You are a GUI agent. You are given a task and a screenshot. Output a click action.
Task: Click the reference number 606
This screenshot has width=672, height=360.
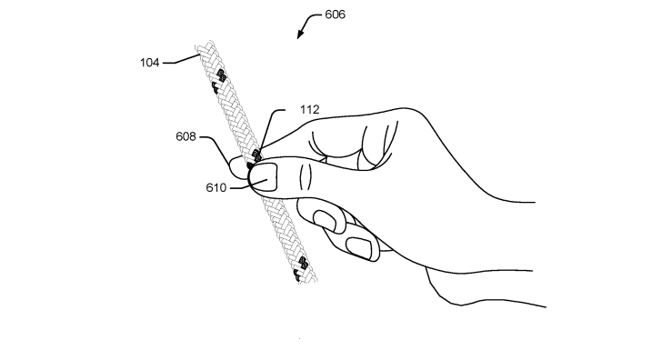334,15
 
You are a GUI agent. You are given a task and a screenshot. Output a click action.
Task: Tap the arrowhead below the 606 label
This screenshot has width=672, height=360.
300,35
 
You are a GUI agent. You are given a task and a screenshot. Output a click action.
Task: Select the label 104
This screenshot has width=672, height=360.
150,63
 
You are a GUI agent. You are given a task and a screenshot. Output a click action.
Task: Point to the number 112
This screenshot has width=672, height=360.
310,109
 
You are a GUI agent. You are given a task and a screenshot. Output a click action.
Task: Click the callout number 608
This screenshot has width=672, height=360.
187,137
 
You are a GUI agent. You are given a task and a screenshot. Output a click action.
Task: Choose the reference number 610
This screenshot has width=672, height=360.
217,188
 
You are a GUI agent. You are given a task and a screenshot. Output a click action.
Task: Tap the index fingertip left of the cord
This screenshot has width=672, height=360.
238,166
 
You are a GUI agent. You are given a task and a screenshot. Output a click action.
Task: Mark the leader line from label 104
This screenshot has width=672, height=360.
182,59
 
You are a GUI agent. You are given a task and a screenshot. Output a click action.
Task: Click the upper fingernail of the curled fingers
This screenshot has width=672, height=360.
324,220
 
